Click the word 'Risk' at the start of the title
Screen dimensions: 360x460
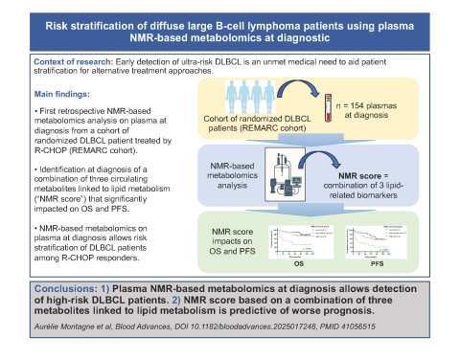(x=58, y=23)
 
